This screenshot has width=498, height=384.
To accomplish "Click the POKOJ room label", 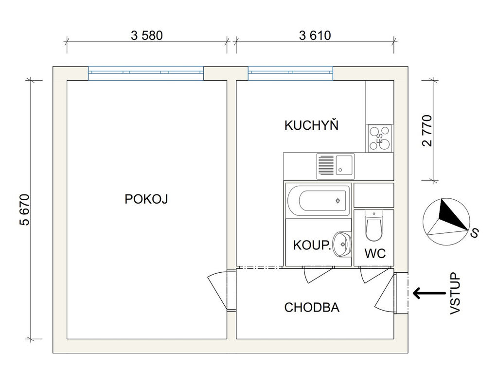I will tap(146, 199).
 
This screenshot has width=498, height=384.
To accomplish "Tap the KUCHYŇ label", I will tap(311, 125).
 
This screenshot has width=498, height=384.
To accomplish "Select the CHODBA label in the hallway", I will tap(312, 307).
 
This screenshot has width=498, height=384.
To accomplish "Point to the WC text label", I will tap(375, 253).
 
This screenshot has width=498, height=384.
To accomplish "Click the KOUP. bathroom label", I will tap(312, 245).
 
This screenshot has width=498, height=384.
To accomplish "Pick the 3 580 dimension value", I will tap(146, 35).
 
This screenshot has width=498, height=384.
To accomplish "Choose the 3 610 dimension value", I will tap(315, 35).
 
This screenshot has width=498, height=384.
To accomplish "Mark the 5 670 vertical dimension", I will tap(25, 209).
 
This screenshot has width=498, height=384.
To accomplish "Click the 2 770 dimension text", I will tap(427, 130).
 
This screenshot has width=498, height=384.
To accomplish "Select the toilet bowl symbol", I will tap(374, 227).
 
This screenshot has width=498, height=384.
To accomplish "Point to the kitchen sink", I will tap(335, 165).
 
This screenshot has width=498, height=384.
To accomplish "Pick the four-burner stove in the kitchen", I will tap(380, 138).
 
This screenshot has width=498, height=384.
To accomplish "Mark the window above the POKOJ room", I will tap(145, 73).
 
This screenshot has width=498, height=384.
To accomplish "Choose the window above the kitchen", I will tap(290, 73).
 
